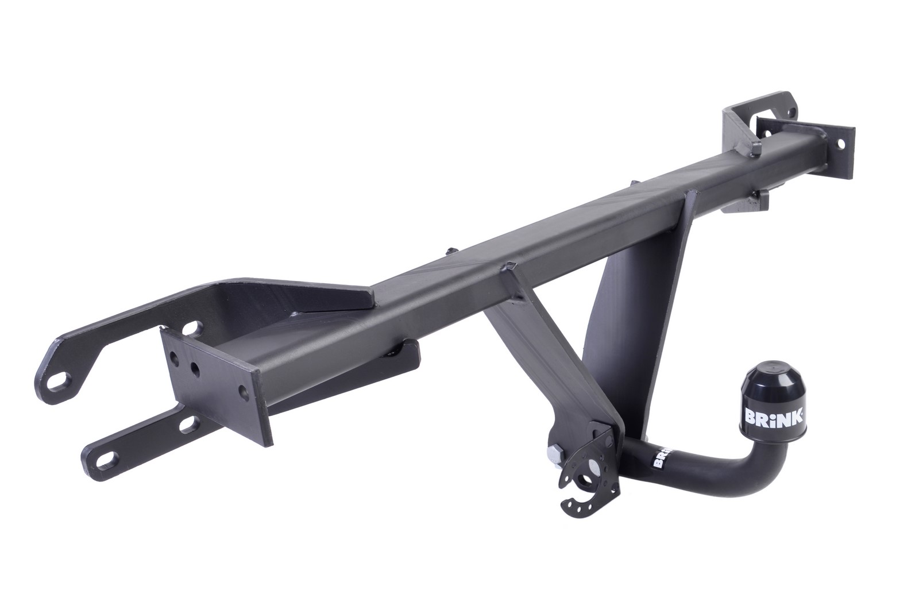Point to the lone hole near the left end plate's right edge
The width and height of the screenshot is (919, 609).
tap(243, 391)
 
